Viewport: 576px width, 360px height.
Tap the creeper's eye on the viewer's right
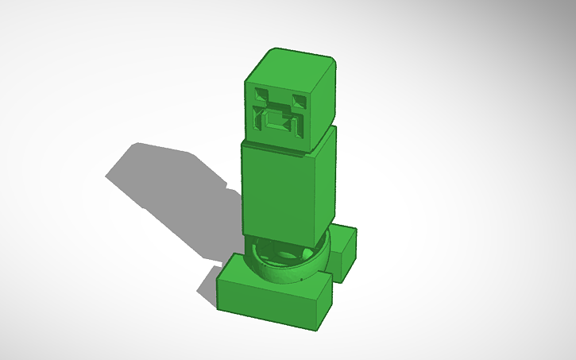pyautogui.click(x=299, y=102)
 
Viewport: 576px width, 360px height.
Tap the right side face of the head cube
pyautogui.click(x=324, y=103)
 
